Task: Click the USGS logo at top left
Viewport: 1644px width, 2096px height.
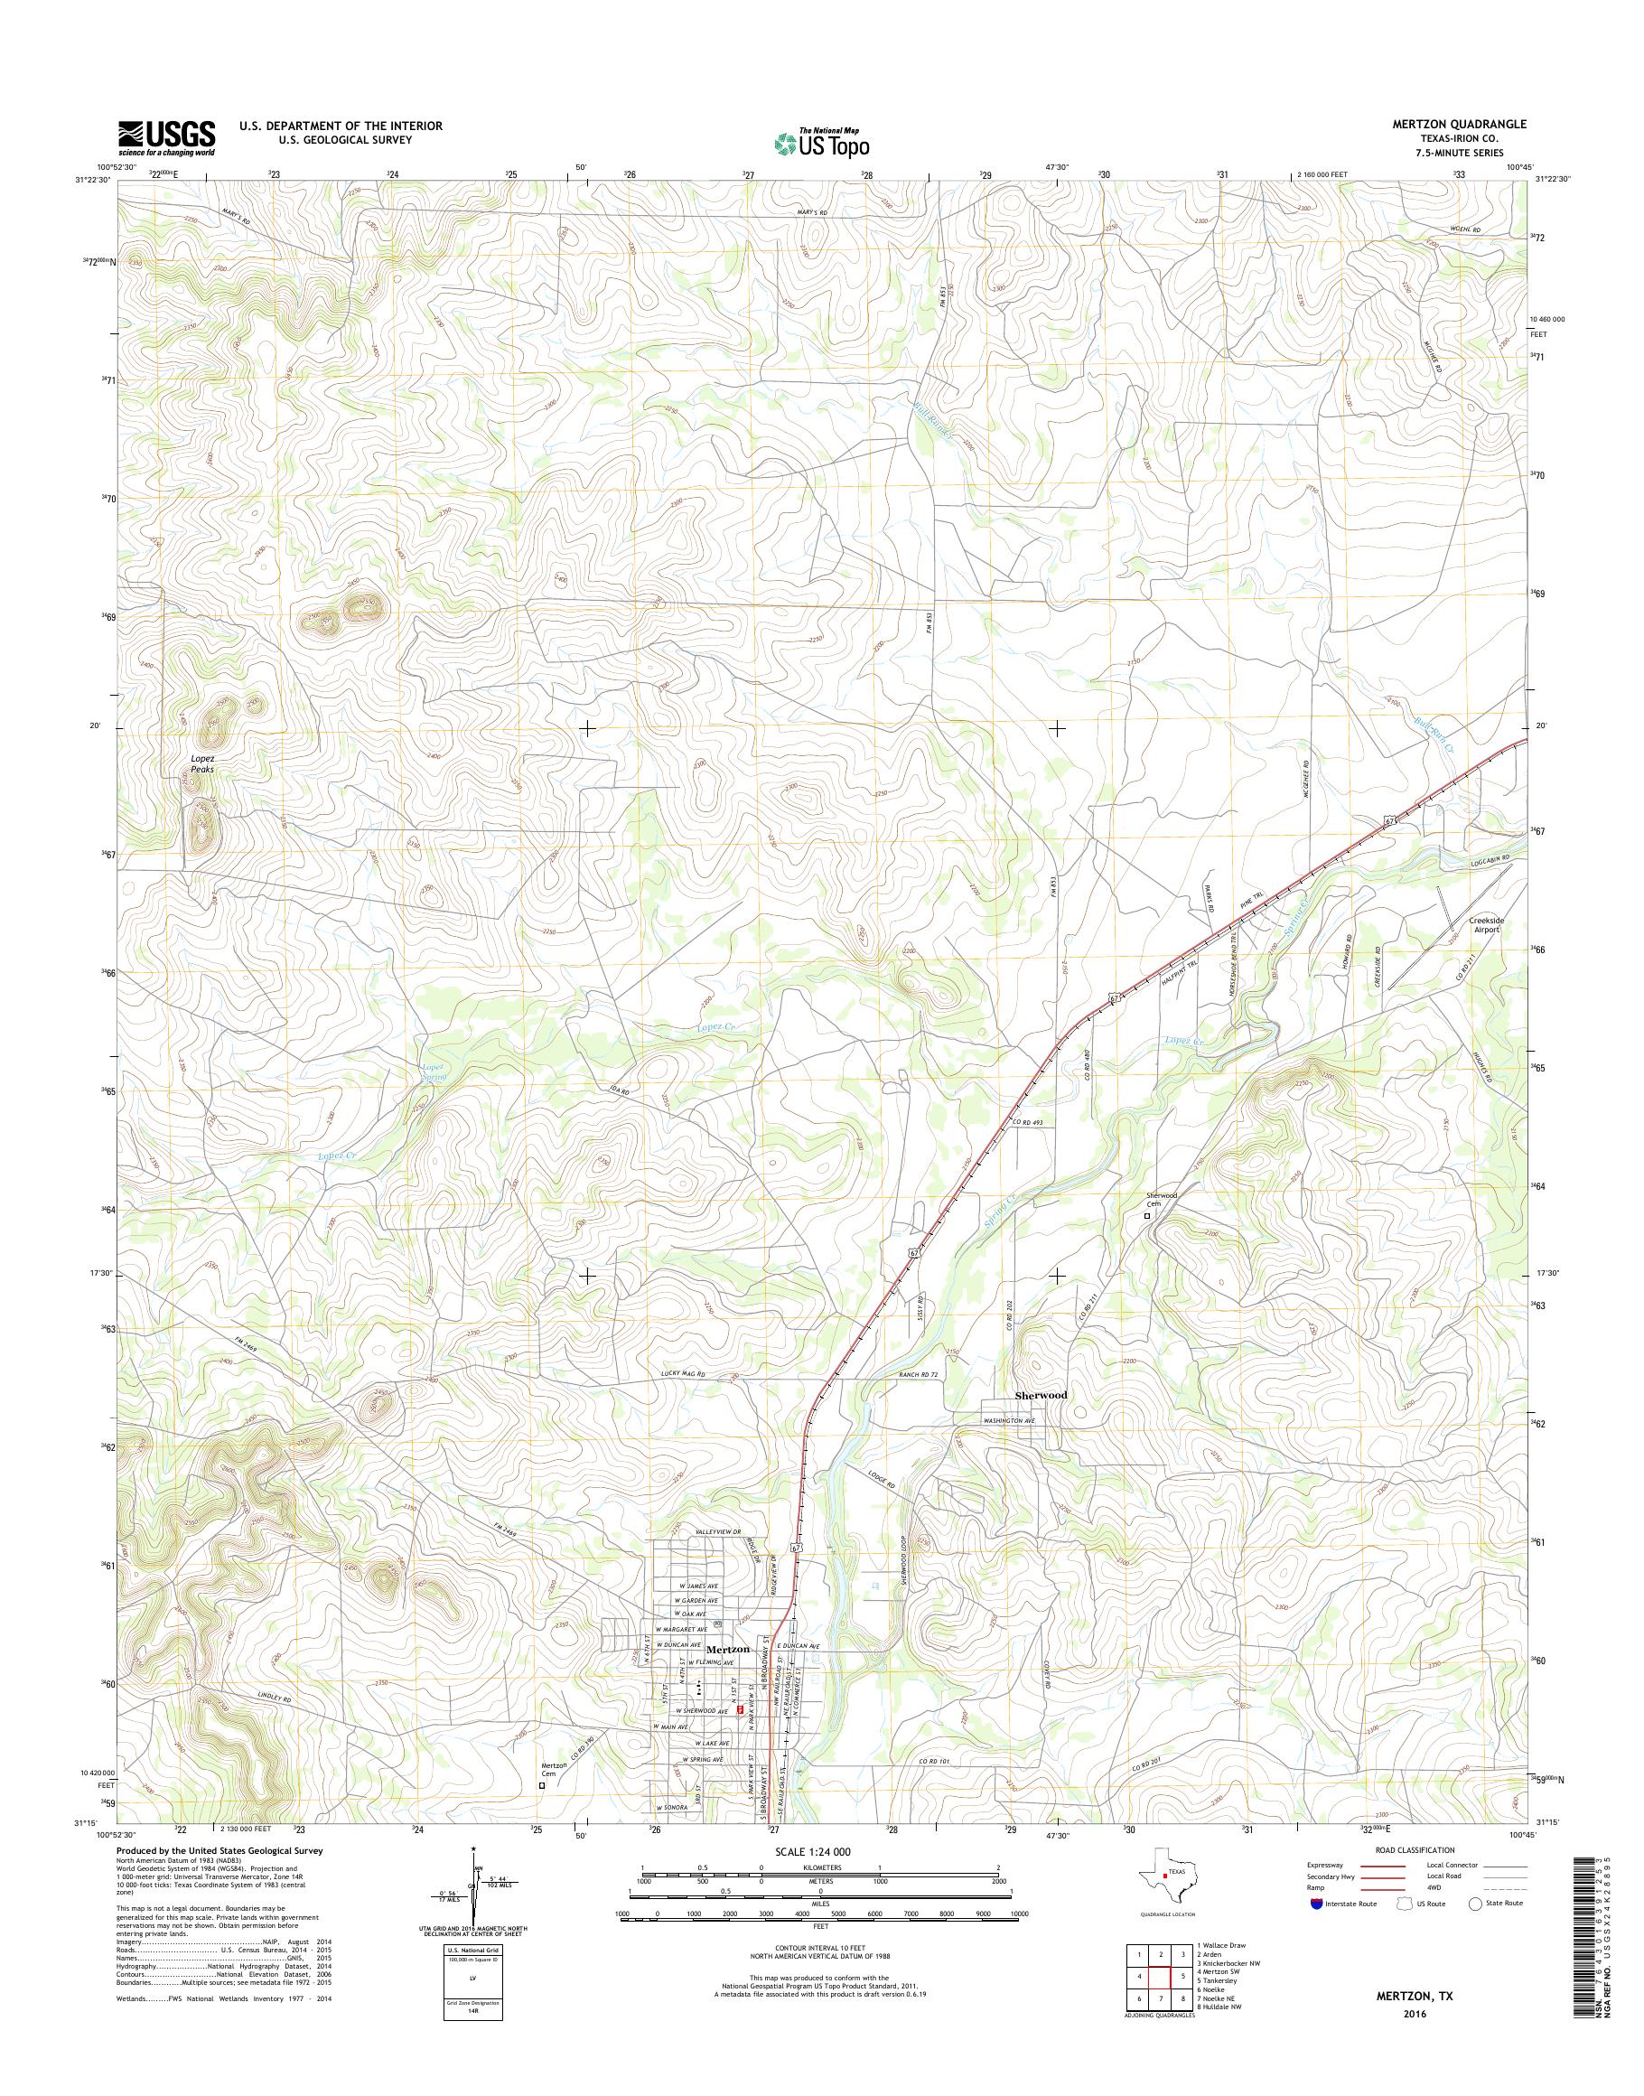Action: tap(166, 137)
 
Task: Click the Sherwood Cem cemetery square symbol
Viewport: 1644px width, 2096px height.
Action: tap(1146, 1216)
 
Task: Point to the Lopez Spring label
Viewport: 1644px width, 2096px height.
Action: tap(434, 1071)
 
